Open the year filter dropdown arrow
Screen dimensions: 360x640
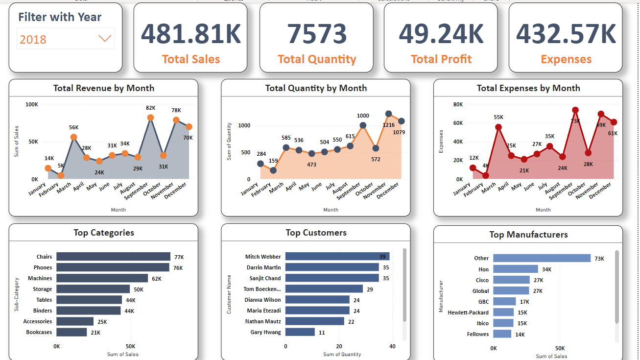point(105,39)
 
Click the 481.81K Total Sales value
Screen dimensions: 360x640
point(191,33)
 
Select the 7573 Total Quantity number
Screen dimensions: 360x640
point(317,33)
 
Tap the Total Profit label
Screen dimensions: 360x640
point(441,59)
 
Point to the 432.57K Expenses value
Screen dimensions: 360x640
point(566,33)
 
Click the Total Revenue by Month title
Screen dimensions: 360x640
point(104,88)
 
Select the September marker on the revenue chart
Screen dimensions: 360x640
point(150,118)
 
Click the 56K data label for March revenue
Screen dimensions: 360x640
point(74,127)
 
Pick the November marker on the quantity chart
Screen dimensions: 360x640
point(388,114)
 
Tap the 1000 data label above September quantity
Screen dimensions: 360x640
point(363,116)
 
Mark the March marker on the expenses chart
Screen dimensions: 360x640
point(498,127)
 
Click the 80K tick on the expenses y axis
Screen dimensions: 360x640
point(458,104)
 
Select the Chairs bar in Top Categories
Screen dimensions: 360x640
point(113,257)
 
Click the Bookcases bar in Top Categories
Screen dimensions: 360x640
point(71,332)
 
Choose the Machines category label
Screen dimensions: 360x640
point(40,278)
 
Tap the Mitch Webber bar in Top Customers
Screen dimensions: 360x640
point(337,257)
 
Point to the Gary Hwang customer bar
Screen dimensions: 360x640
point(300,332)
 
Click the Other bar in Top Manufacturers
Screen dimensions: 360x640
point(542,258)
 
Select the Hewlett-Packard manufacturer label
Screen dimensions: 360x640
point(468,312)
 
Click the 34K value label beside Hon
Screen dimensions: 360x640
point(546,269)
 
